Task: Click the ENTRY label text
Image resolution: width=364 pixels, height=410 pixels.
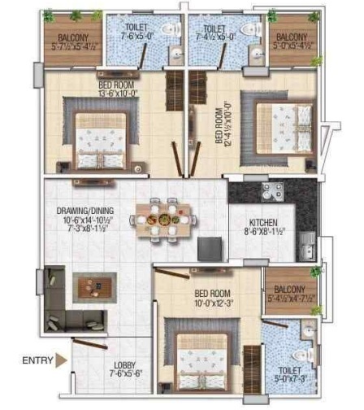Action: pyautogui.click(x=37, y=359)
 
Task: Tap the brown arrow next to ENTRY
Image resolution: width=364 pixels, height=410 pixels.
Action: pyautogui.click(x=60, y=359)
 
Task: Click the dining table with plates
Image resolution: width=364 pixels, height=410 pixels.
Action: pyautogui.click(x=166, y=219)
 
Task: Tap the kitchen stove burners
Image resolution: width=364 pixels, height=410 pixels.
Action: pyautogui.click(x=271, y=192)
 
